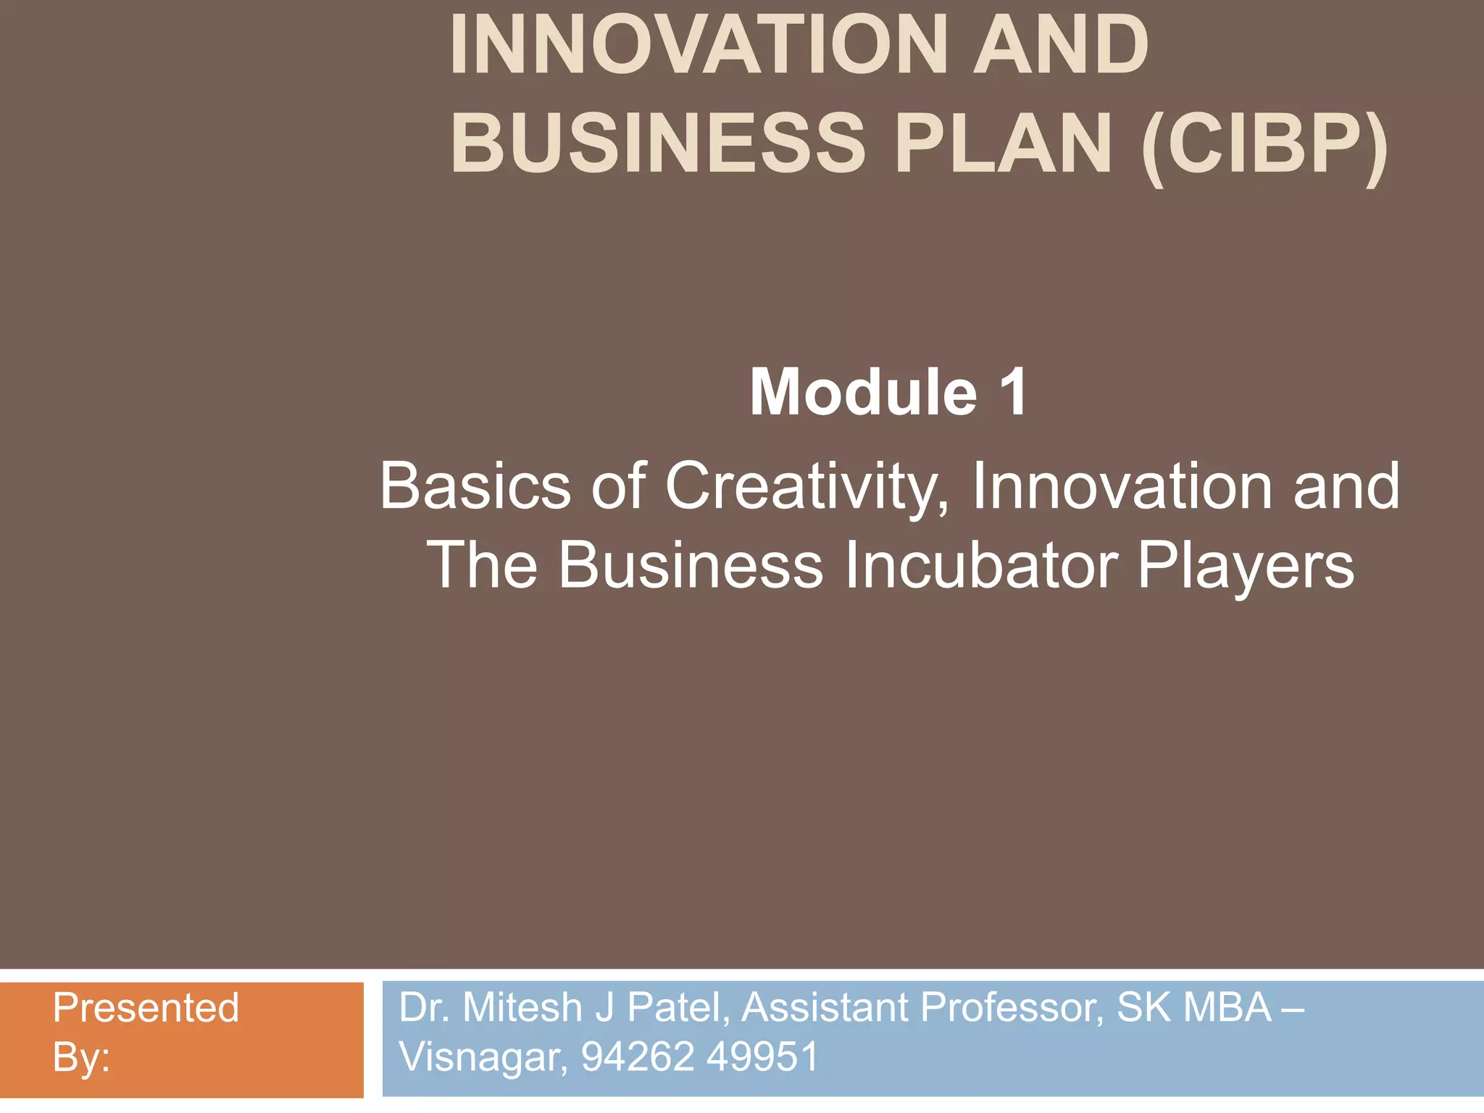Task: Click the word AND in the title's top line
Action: (x=1061, y=45)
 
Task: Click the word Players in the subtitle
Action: (x=1246, y=567)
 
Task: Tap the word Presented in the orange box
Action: (x=146, y=1008)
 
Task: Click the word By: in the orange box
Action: (x=81, y=1057)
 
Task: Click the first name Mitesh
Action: (x=522, y=1008)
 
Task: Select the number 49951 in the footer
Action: (x=762, y=1056)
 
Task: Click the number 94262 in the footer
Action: (x=638, y=1056)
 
